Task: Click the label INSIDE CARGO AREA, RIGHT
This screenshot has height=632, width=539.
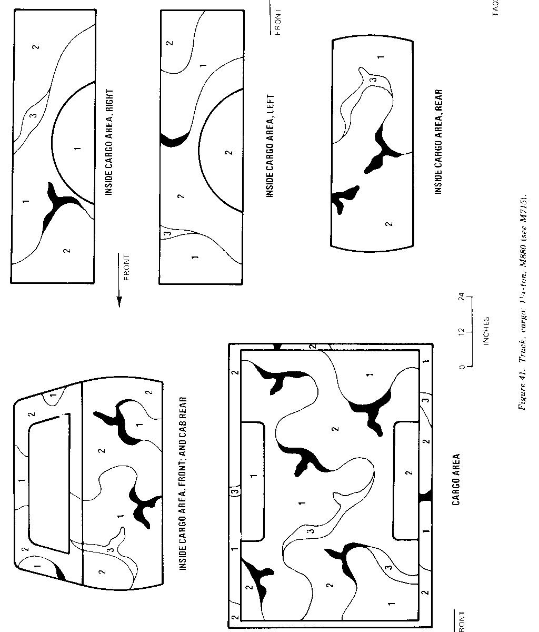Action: [x=109, y=142]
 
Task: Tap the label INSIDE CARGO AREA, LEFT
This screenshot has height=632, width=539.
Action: [x=270, y=142]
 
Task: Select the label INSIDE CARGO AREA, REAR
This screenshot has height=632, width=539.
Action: [x=438, y=141]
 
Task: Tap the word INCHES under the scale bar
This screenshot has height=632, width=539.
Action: [x=486, y=331]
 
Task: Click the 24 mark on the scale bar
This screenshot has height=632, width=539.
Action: [x=462, y=298]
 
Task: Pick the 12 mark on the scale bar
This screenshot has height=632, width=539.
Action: [x=462, y=332]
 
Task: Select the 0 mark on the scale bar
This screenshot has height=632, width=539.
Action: [x=462, y=367]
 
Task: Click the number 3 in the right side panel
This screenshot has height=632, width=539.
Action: [x=34, y=115]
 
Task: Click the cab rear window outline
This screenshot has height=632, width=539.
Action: [x=49, y=483]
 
